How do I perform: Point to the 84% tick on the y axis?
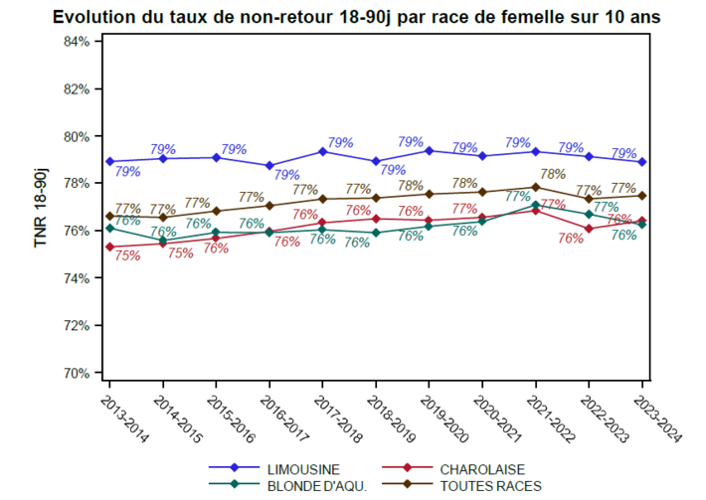coord(77,42)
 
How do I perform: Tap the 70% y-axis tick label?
coord(77,373)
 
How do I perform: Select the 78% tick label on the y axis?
coord(77,183)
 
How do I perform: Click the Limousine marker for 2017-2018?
coord(322,151)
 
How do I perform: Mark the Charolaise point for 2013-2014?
coord(108,247)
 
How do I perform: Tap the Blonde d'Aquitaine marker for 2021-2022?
coord(535,205)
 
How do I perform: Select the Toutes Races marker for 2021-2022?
coord(535,187)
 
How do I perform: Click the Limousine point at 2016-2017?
coord(268,166)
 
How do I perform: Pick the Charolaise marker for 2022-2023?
coord(589,229)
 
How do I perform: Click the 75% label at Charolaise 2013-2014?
coord(126,255)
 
